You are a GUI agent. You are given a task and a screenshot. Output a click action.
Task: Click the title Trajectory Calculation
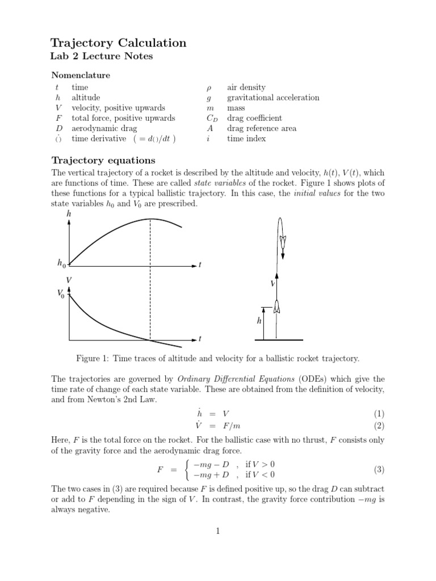pos(118,43)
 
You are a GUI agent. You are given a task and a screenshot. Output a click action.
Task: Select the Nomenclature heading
pos(81,75)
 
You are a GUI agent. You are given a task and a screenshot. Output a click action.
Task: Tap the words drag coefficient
pos(254,118)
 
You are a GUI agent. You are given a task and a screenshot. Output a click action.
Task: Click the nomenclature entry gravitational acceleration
pos(272,98)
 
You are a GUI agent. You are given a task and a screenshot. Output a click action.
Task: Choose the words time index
pos(246,138)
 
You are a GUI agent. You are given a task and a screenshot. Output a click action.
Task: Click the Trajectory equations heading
pos(103,160)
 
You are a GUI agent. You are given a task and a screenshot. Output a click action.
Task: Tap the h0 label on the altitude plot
pos(61,263)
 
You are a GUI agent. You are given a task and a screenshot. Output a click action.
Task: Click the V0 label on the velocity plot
pos(61,293)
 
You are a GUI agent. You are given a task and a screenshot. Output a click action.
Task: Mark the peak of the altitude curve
pos(150,219)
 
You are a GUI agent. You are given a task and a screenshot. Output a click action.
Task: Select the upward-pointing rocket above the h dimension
pos(276,307)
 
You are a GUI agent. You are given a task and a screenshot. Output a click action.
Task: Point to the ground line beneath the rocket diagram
pos(278,340)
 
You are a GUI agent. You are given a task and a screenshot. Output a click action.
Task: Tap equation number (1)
pos(379,414)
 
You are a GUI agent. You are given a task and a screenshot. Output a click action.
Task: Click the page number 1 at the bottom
pos(217,531)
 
